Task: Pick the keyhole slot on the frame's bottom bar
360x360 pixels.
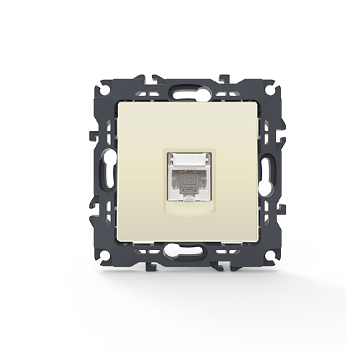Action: [x=180, y=253]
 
